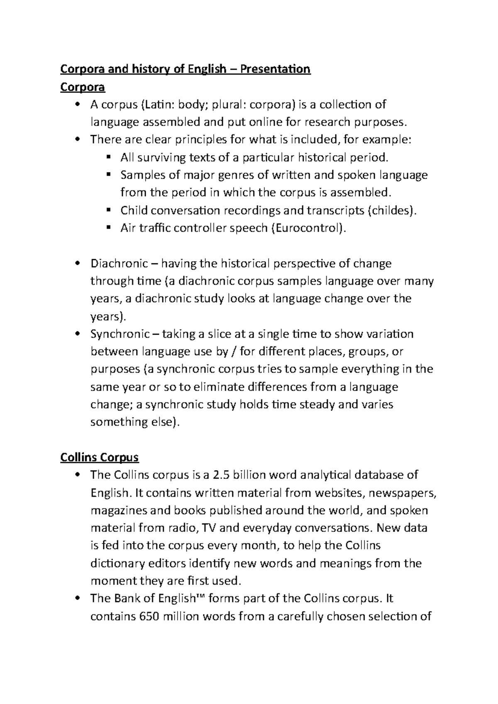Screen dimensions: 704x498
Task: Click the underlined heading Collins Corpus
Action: pos(99,457)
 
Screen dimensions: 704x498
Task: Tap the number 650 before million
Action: pos(148,616)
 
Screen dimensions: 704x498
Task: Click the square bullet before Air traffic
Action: pos(109,227)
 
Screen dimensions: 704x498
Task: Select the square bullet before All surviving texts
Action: pos(109,157)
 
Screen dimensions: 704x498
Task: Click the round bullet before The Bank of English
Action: pos(77,599)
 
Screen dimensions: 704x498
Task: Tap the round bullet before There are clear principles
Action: pos(77,140)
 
